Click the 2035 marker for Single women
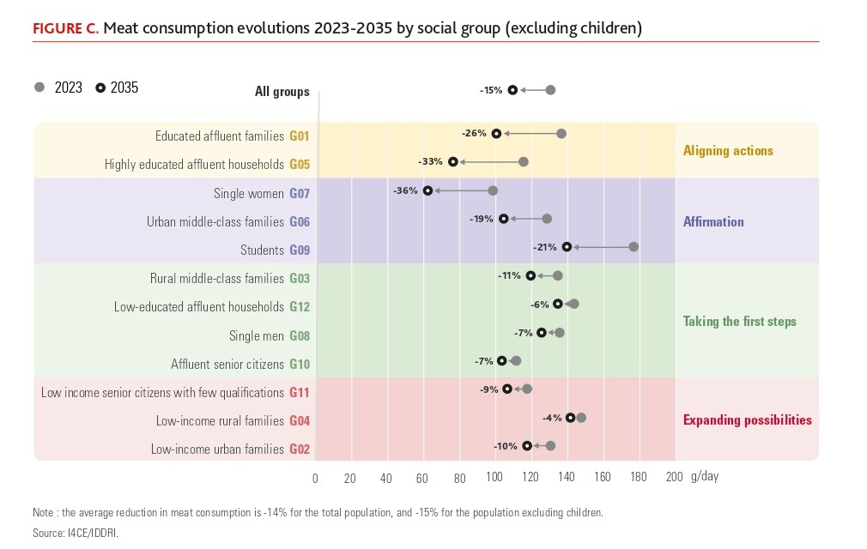click(x=427, y=190)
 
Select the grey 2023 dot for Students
click(x=634, y=247)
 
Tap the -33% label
click(x=430, y=161)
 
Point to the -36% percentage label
click(x=405, y=190)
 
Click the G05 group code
click(x=299, y=164)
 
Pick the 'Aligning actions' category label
click(x=728, y=151)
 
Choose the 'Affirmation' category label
click(x=713, y=221)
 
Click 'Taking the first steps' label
click(x=739, y=322)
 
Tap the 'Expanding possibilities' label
click(x=747, y=420)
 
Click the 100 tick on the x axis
click(x=494, y=478)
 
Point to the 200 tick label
click(x=674, y=478)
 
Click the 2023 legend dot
click(x=39, y=87)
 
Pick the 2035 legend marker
click(x=100, y=87)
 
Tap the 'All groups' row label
click(x=282, y=92)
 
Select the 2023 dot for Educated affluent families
click(x=561, y=134)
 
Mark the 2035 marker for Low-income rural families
click(x=570, y=418)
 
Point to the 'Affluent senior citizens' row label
click(x=227, y=364)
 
